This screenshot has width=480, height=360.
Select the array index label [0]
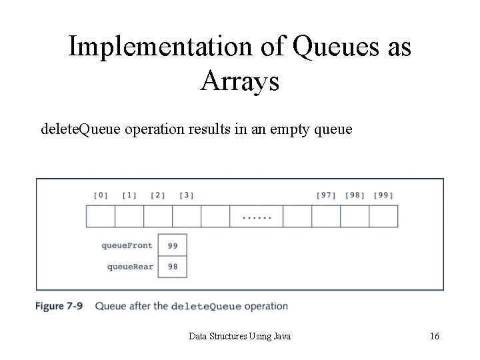click(x=101, y=195)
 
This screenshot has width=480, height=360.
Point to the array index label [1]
click(x=129, y=195)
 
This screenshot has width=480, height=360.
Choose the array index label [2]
click(x=158, y=195)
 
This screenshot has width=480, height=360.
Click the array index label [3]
click(x=187, y=195)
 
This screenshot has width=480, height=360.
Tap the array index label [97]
click(x=326, y=195)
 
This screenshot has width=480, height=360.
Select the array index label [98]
click(x=355, y=195)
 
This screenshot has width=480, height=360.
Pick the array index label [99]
click(x=383, y=195)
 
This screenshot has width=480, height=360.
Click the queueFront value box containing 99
click(x=173, y=245)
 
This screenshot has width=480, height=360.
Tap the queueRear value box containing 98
click(x=173, y=267)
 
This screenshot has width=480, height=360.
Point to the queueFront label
click(x=127, y=245)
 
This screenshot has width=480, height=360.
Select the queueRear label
click(x=130, y=267)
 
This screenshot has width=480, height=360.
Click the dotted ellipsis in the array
click(x=257, y=217)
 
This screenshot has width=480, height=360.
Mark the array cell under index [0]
click(x=101, y=217)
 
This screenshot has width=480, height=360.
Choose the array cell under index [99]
click(x=383, y=217)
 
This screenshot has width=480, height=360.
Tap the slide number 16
click(x=434, y=336)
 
